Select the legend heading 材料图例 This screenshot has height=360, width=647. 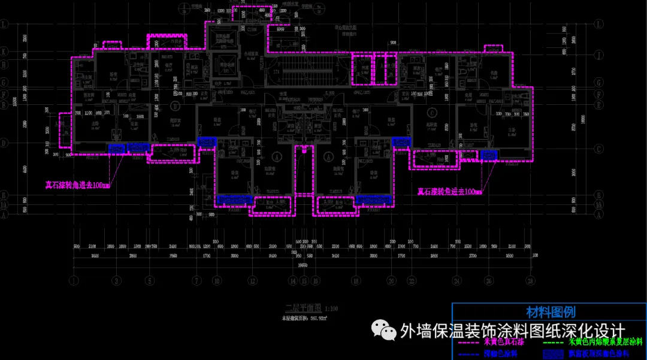pyautogui.click(x=550, y=312)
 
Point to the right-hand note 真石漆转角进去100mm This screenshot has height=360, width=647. pyautogui.click(x=449, y=192)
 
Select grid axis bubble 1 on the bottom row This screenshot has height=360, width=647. pyautogui.click(x=73, y=280)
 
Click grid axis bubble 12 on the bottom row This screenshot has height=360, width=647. pyautogui.click(x=253, y=280)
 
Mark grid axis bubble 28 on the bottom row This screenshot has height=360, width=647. pyautogui.click(x=530, y=280)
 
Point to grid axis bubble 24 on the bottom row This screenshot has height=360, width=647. pyautogui.click(x=456, y=280)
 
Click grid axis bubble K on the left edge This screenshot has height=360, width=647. pyautogui.click(x=5, y=52)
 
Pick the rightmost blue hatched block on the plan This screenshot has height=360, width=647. pyautogui.click(x=489, y=155)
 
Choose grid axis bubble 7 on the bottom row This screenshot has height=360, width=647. pyautogui.click(x=196, y=280)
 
